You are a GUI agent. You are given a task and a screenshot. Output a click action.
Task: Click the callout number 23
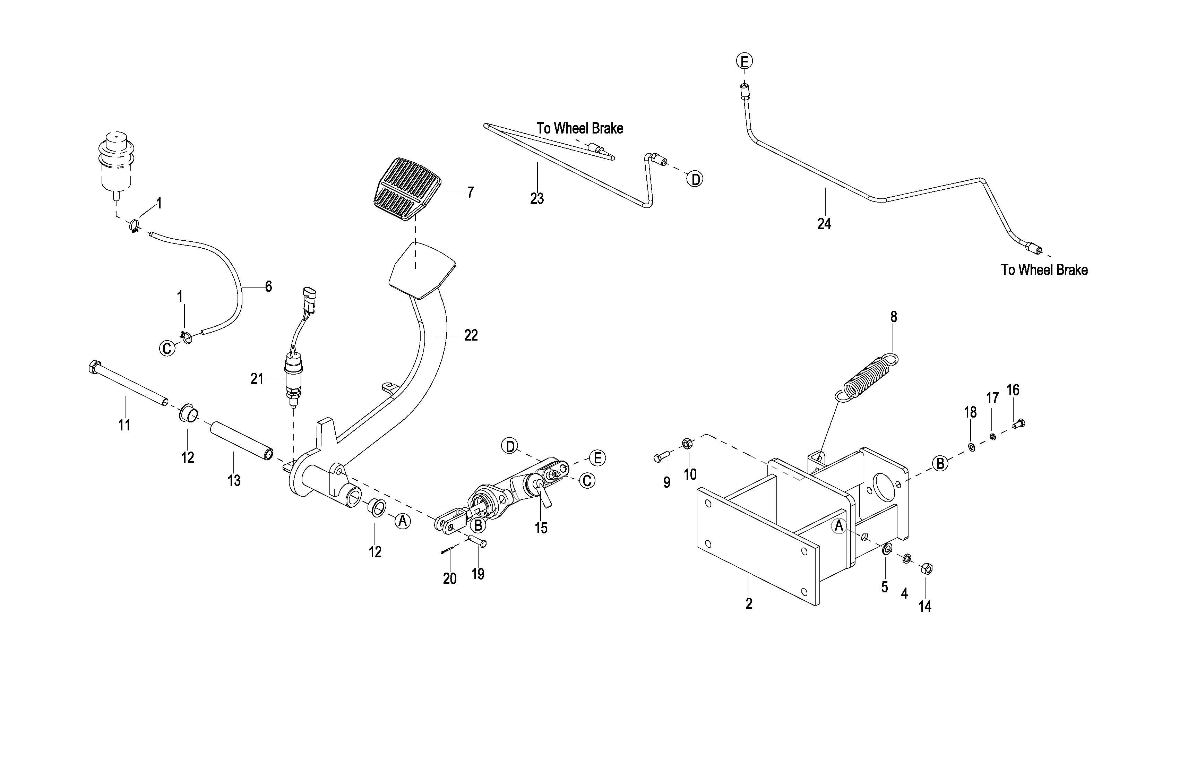click(537, 199)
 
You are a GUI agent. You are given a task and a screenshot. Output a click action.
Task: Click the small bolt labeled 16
click(1018, 423)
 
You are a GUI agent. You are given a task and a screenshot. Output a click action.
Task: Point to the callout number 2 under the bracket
click(749, 604)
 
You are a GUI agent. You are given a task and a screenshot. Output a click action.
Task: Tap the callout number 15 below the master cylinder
click(541, 528)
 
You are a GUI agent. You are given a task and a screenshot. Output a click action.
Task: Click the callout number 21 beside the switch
click(257, 379)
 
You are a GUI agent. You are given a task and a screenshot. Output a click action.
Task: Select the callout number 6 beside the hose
click(268, 286)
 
